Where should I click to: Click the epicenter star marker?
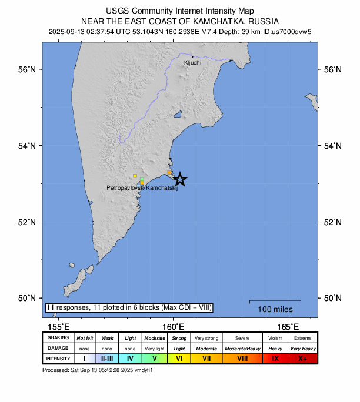pyautogui.click(x=180, y=179)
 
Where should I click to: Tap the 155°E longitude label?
pyautogui.click(x=58, y=327)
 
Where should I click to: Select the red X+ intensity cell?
pyautogui.click(x=302, y=358)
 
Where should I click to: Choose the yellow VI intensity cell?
pyautogui.click(x=179, y=358)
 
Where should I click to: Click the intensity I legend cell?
pyautogui.click(x=84, y=358)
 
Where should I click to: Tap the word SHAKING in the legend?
pyautogui.click(x=57, y=338)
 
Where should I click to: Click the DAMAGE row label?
pyautogui.click(x=57, y=348)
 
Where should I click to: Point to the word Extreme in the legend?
pyautogui.click(x=302, y=338)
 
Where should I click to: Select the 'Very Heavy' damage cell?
pyautogui.click(x=302, y=348)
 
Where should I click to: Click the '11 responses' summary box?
pyautogui.click(x=129, y=307)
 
